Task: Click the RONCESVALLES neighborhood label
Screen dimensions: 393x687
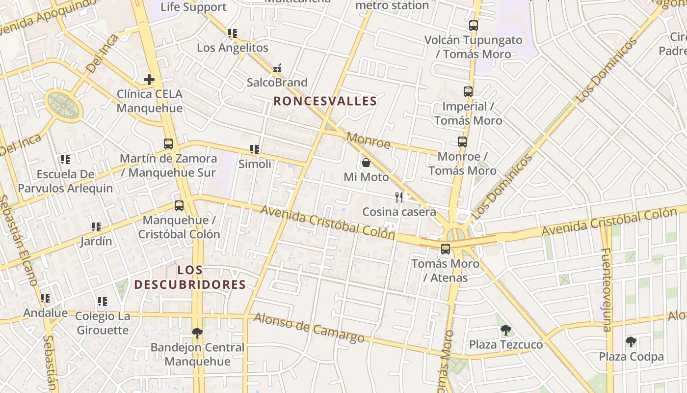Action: [325, 102]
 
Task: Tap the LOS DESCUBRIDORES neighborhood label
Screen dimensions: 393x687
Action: [190, 277]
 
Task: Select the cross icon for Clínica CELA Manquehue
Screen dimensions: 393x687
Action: [149, 79]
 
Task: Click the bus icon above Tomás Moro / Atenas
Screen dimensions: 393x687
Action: [445, 249]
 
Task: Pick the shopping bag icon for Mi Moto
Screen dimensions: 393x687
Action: [366, 163]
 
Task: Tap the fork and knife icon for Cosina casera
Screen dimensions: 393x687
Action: [399, 197]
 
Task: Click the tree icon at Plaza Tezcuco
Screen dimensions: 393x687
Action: [505, 330]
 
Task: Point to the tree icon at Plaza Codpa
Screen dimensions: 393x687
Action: [631, 342]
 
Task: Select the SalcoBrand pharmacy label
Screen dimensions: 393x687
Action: [277, 82]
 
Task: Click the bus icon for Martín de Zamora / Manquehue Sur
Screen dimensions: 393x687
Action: [168, 144]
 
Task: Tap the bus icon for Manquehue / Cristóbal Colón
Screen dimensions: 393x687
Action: [179, 206]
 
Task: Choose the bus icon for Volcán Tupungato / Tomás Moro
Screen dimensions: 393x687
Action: [473, 26]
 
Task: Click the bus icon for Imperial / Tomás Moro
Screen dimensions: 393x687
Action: [468, 92]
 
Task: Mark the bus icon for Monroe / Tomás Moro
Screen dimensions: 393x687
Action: [462, 142]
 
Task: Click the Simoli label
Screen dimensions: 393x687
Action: [255, 164]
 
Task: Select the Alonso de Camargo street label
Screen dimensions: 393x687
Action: [309, 328]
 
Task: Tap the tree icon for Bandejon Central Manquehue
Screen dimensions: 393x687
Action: [197, 333]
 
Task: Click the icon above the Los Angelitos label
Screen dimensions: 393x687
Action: [233, 33]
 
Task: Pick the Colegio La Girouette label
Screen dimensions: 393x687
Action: [103, 323]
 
